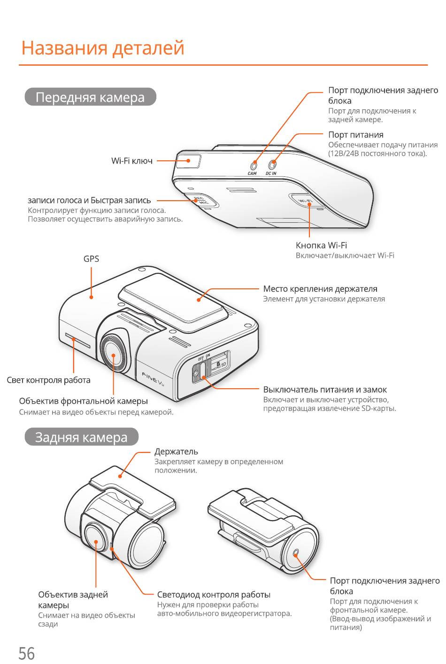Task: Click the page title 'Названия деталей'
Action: coord(103,48)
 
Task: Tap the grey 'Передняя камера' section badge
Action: coord(90,97)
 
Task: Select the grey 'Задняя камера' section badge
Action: coord(81,437)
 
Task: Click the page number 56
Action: coord(26,653)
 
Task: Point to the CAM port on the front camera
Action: coord(254,165)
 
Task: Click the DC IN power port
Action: coord(272,164)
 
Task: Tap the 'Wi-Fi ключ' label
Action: coord(132,161)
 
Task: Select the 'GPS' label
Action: coord(91,259)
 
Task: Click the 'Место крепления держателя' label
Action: coord(320,289)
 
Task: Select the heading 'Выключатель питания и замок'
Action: coord(325,390)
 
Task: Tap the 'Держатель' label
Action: coord(176,452)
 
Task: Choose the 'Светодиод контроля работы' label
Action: coord(214,595)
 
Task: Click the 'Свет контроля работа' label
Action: coord(48,380)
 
